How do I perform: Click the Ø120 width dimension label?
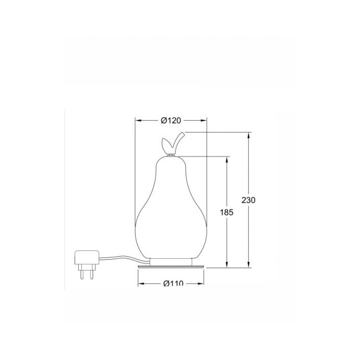[x=171, y=120]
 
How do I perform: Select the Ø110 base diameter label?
[x=173, y=283]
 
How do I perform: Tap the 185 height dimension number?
[x=227, y=212]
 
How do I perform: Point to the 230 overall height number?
[x=248, y=200]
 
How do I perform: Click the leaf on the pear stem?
[x=167, y=143]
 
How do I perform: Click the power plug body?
[x=87, y=257]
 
